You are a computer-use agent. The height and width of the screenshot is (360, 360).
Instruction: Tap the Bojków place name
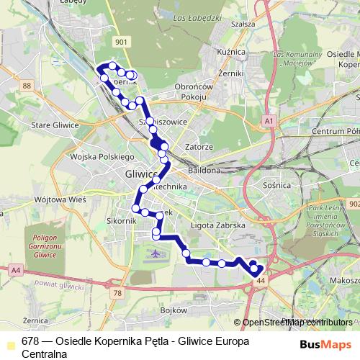(174, 310)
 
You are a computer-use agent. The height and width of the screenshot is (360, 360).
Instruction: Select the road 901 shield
(121, 42)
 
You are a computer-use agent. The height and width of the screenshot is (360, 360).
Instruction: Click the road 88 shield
(27, 86)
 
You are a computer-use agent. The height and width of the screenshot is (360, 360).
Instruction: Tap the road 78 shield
(117, 293)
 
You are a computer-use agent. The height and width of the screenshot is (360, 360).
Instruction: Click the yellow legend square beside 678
(9, 342)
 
